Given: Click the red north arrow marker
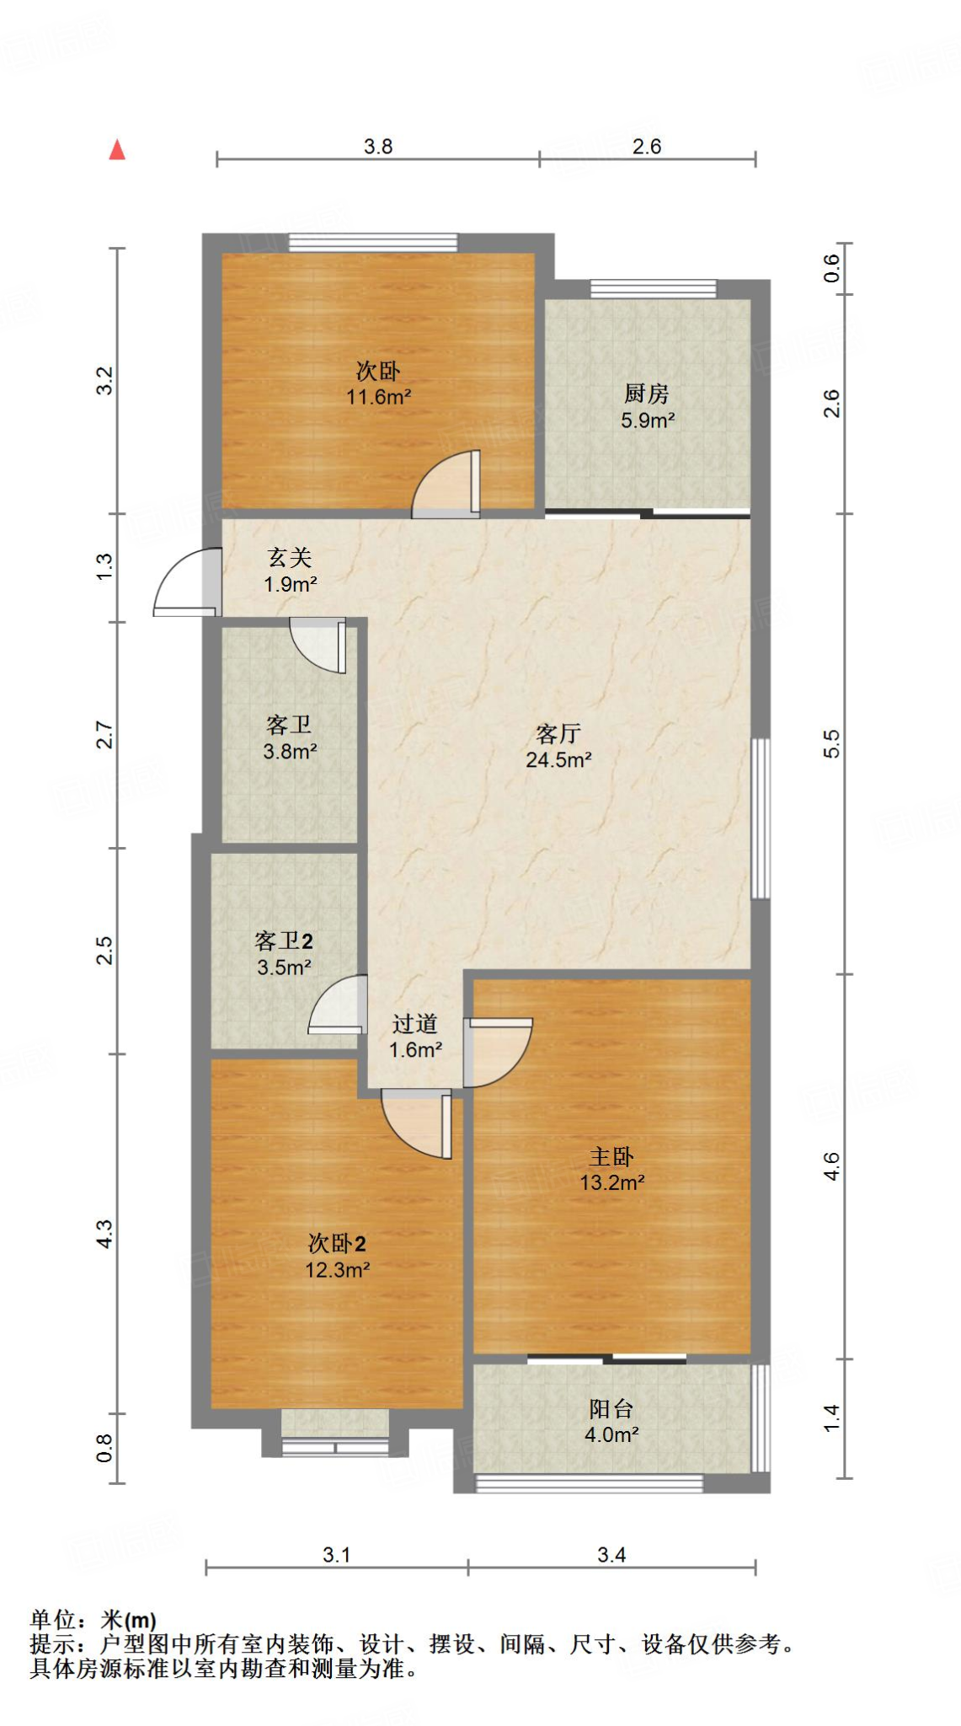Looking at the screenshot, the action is click(x=117, y=150).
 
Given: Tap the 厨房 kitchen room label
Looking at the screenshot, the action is click(x=647, y=393).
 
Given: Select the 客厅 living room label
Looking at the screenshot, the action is click(x=558, y=733).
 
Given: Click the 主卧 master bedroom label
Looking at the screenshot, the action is click(x=611, y=1156).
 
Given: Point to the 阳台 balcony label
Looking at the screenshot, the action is click(x=611, y=1408).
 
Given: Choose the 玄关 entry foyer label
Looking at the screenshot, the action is click(x=290, y=557).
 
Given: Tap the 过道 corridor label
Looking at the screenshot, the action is click(x=415, y=1024).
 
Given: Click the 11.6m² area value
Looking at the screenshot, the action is click(x=378, y=397).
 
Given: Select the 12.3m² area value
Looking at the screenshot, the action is click(x=337, y=1270).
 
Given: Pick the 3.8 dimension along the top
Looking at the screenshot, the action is click(x=378, y=147).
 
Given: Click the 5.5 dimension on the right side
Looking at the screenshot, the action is click(x=832, y=743).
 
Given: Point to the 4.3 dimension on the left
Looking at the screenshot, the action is click(x=104, y=1234).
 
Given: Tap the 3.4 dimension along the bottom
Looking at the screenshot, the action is click(x=611, y=1555).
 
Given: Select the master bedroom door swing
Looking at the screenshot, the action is click(x=497, y=1053).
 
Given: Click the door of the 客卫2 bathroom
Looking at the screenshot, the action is click(x=338, y=1005).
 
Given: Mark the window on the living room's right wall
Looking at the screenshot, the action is click(x=761, y=818).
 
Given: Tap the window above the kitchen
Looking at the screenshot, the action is click(x=654, y=289).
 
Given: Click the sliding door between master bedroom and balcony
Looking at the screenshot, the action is click(x=607, y=1358).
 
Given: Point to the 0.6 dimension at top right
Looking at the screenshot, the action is click(x=832, y=268).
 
